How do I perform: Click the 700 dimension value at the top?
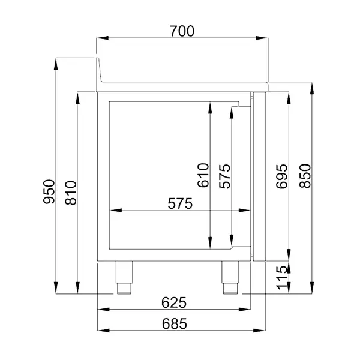(x=182, y=31)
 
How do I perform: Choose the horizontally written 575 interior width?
(x=180, y=204)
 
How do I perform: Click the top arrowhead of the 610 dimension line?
(x=210, y=106)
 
